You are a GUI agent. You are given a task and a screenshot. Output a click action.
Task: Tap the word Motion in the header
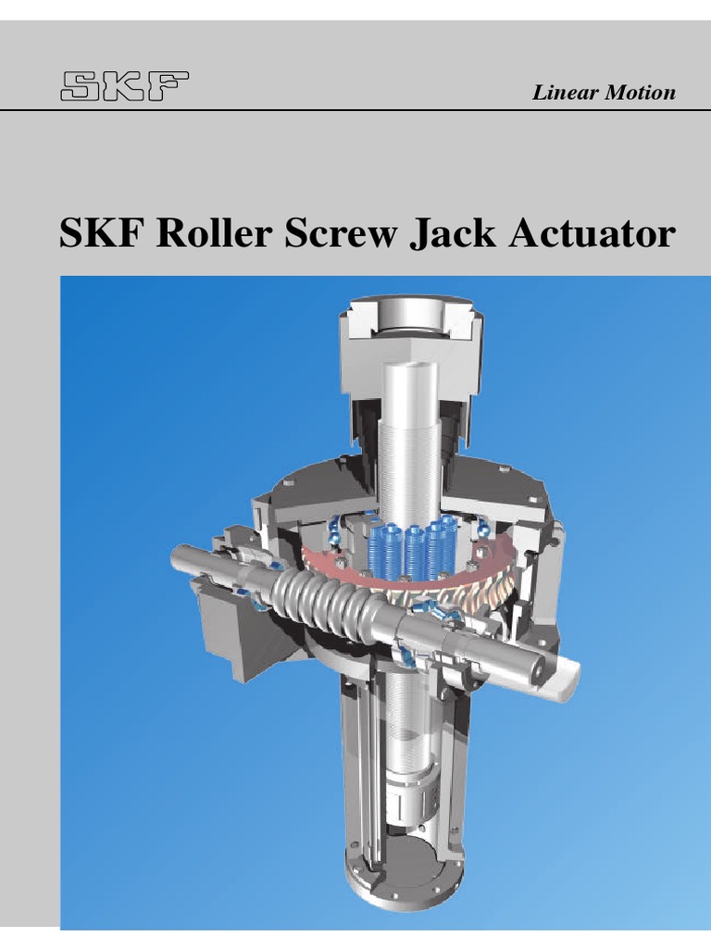(641, 93)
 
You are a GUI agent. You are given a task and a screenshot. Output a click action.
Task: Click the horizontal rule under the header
(355, 111)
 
